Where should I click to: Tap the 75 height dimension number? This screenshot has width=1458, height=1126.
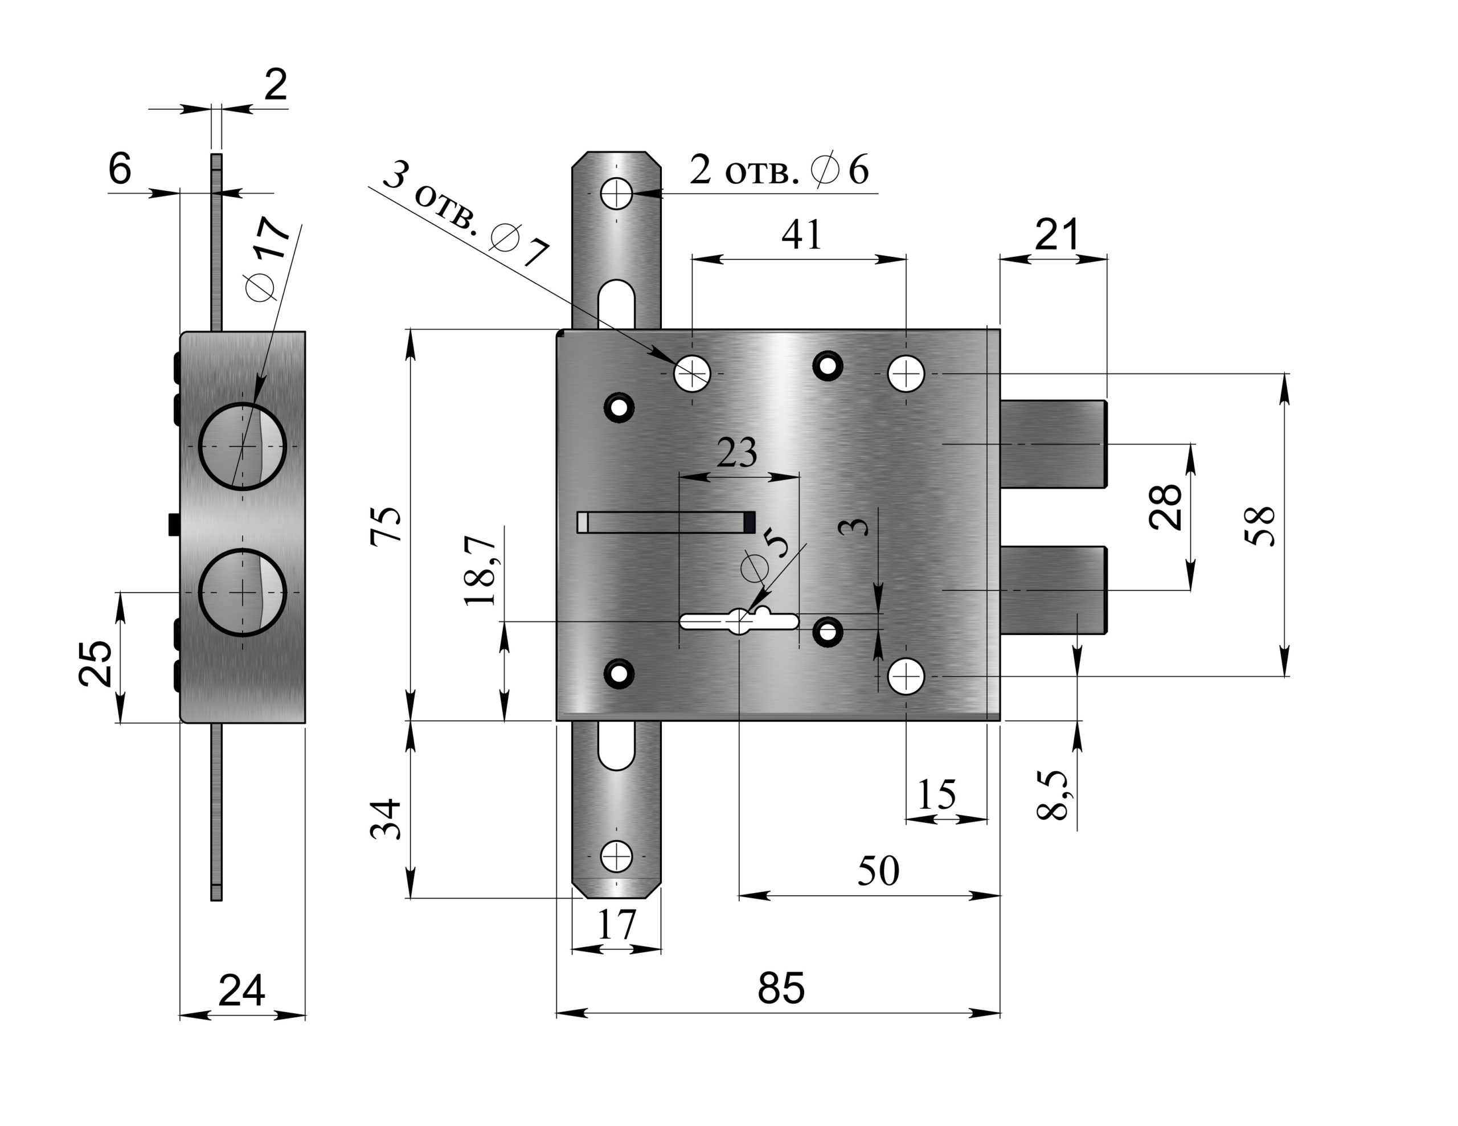click(x=387, y=526)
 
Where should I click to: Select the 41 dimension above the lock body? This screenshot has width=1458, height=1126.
click(x=801, y=235)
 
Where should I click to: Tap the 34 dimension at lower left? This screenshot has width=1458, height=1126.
click(x=387, y=818)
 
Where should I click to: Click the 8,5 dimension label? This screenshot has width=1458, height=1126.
click(x=1052, y=795)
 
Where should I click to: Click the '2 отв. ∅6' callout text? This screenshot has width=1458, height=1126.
click(x=779, y=170)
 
